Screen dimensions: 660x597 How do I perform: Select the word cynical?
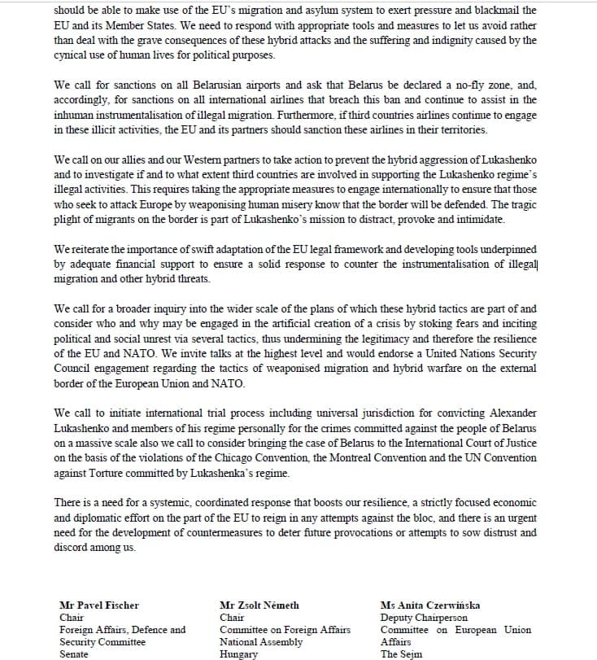pos(71,55)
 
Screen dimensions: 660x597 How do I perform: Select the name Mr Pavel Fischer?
pos(99,605)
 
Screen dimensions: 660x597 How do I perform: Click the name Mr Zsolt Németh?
pos(259,605)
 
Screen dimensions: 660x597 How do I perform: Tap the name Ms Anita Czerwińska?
pos(429,605)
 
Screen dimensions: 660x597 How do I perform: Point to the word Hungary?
pos(238,654)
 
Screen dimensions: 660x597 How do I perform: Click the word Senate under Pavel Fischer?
pos(74,654)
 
